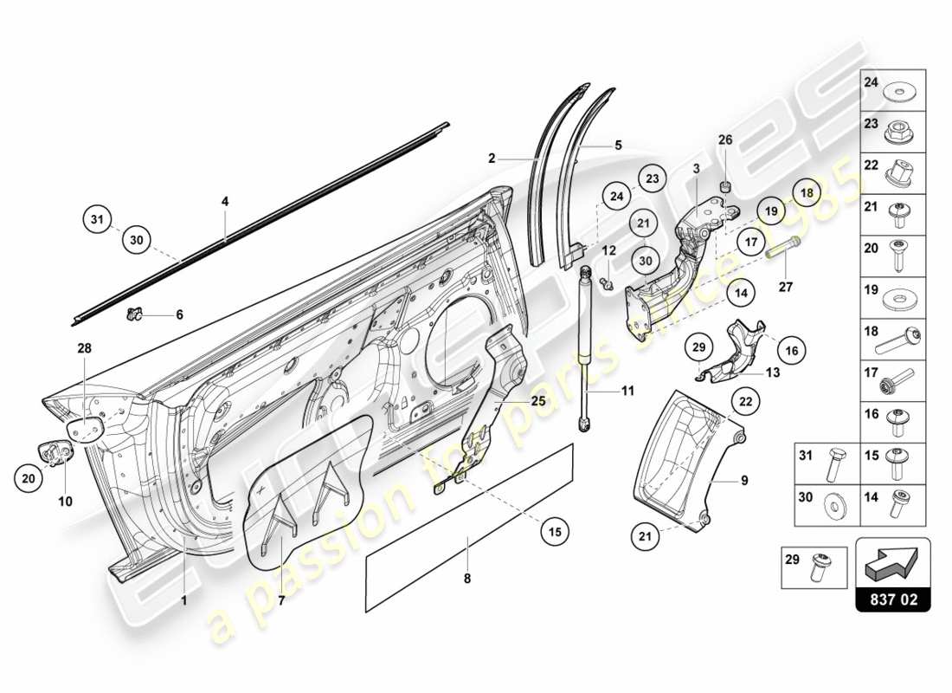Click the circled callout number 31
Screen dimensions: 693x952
pyautogui.click(x=99, y=221)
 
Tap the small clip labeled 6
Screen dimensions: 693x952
pyautogui.click(x=134, y=314)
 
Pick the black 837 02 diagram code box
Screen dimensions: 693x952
pyautogui.click(x=892, y=599)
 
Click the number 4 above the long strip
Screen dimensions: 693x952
pyautogui.click(x=225, y=202)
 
